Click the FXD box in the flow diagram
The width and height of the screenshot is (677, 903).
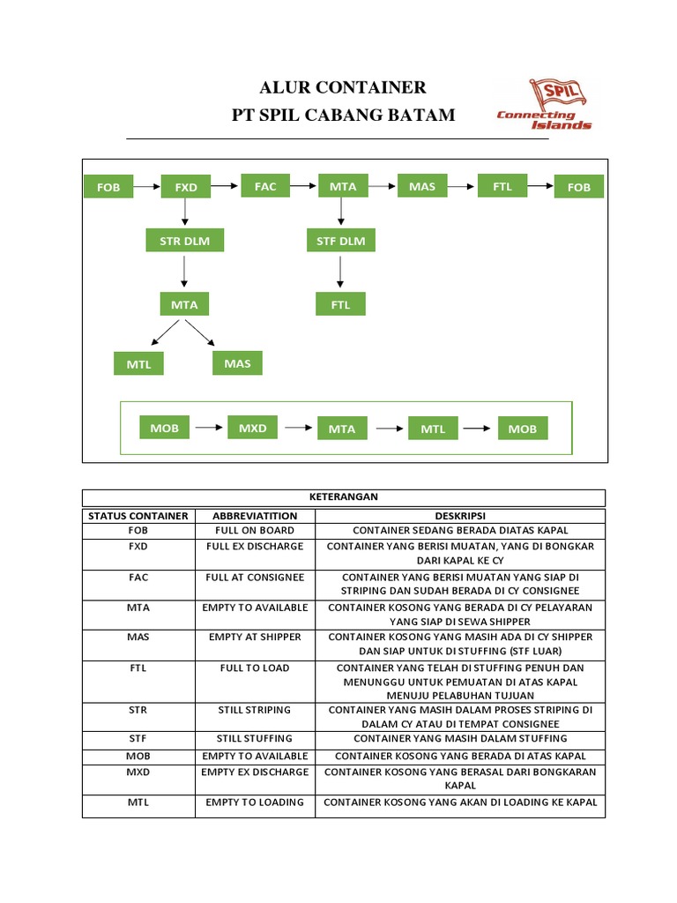pos(186,187)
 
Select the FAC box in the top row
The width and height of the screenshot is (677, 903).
pos(265,186)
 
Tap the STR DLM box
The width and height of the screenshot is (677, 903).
pos(184,240)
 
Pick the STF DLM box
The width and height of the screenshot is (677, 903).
pos(341,240)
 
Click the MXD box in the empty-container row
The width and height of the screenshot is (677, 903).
pos(253,428)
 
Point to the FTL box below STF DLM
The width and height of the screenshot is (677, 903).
pos(341,304)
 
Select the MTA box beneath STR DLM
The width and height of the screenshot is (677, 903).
pos(184,304)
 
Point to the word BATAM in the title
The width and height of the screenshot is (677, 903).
pos(420,115)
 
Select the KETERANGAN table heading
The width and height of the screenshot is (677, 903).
pos(344,497)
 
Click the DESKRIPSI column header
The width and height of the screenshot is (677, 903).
pos(460,516)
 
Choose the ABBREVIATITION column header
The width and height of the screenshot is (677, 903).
pos(255,516)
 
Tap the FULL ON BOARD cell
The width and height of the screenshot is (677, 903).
pos(255,531)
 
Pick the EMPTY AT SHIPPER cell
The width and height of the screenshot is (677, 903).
pos(255,637)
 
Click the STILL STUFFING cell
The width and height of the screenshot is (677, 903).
pos(255,739)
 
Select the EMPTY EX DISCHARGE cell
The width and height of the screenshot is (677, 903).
pos(255,772)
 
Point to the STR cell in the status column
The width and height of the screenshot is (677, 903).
pos(138,710)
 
